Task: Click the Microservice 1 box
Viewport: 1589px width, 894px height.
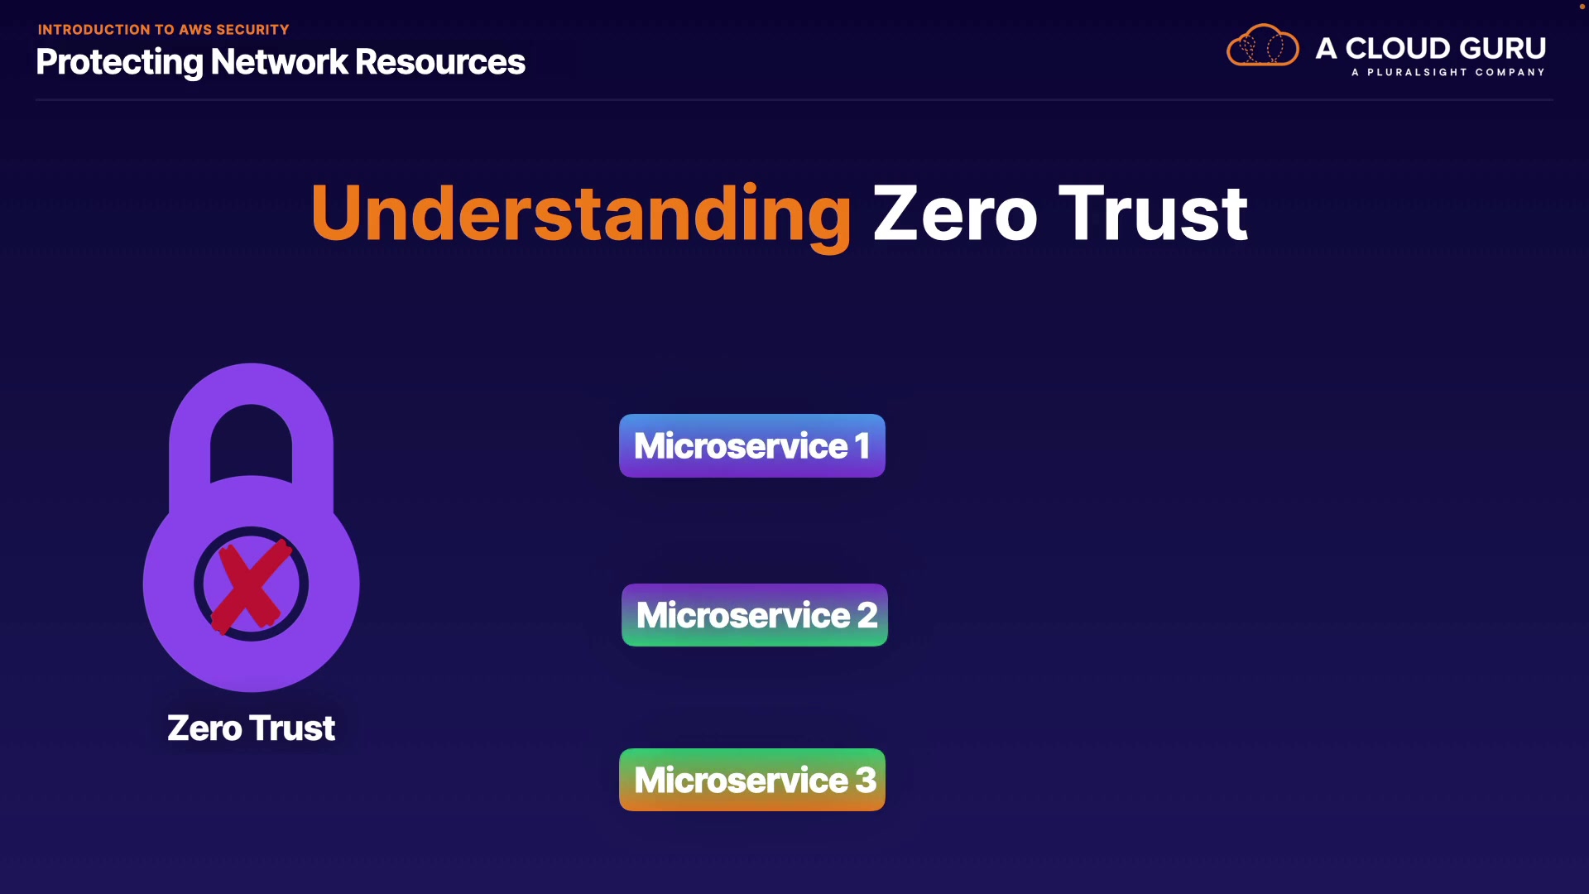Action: [752, 445]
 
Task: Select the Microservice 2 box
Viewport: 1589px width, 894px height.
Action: [755, 615]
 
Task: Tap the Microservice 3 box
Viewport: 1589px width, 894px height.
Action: [752, 780]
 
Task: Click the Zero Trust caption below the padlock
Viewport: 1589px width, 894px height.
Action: [251, 728]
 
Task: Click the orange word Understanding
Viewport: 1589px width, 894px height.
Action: [581, 214]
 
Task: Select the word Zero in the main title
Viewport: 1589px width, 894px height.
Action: [955, 214]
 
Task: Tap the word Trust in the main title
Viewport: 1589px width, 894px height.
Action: [1154, 214]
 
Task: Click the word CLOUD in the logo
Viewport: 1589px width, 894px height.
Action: [1398, 48]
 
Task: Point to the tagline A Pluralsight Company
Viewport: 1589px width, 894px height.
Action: [1448, 72]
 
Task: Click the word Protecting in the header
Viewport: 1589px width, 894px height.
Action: [120, 63]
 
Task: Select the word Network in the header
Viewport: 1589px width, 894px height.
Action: [280, 62]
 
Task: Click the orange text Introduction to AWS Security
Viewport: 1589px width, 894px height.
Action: [164, 30]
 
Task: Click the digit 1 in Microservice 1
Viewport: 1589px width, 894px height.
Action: [862, 446]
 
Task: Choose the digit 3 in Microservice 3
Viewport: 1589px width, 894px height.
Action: [866, 780]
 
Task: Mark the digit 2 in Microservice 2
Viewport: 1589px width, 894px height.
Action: [867, 615]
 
